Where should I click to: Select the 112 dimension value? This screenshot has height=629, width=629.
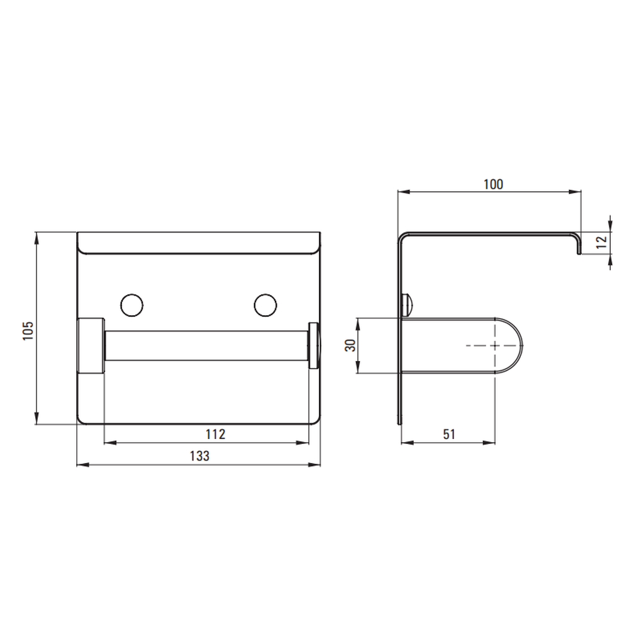(215, 434)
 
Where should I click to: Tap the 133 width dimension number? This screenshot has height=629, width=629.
(199, 456)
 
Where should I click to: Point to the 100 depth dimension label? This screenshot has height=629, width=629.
(493, 184)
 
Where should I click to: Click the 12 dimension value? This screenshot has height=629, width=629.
(602, 242)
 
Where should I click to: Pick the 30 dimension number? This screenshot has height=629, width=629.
(350, 345)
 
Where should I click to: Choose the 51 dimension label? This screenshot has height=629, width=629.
(449, 434)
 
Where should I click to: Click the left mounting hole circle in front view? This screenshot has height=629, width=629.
(131, 305)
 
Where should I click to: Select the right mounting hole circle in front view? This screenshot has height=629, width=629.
(265, 305)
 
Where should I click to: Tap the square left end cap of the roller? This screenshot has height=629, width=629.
(91, 345)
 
